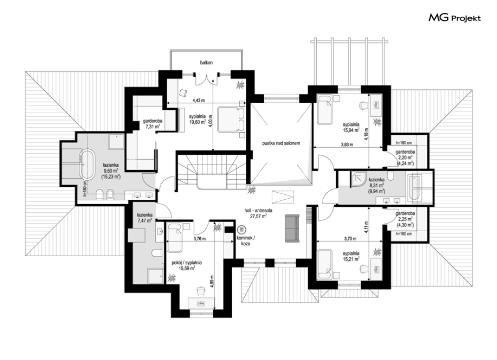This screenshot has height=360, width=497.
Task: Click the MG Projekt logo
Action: tap(455, 17)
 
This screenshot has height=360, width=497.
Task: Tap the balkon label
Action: tap(206, 63)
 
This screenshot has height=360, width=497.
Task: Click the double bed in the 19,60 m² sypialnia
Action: tap(231, 119)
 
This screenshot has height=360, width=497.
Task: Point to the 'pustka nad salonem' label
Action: tap(281, 143)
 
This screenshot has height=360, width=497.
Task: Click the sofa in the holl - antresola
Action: tap(292, 229)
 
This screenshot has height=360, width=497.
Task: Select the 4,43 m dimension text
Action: tap(198, 101)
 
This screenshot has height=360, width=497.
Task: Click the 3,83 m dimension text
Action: tap(347, 144)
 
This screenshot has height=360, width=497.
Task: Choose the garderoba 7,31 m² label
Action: tap(152, 124)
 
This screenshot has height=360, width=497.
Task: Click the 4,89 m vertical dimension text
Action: tap(212, 282)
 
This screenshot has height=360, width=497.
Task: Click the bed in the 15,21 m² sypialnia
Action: tap(325, 265)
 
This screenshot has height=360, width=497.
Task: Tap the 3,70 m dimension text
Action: tap(350, 239)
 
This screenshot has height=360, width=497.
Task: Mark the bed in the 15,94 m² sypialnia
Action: tap(325, 109)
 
